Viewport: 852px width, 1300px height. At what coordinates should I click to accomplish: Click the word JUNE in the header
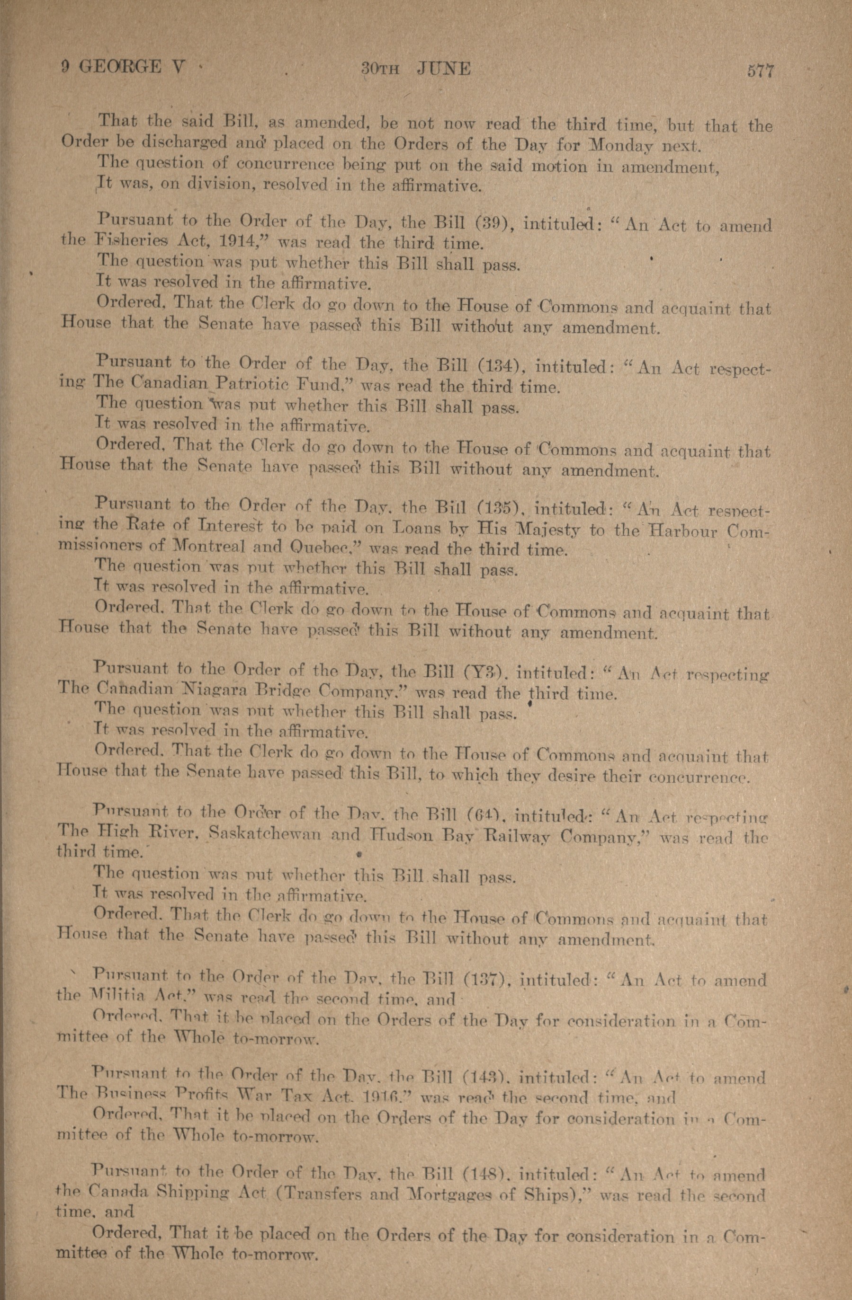pyautogui.click(x=443, y=69)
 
